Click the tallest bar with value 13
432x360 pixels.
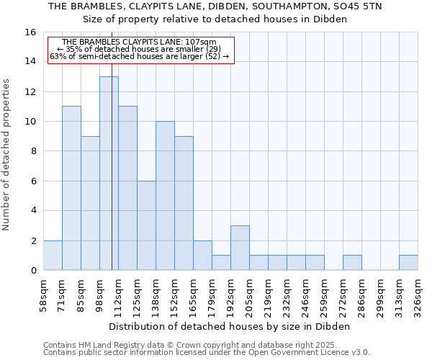point(109,173)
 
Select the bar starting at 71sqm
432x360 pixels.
point(71,188)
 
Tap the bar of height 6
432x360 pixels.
point(146,225)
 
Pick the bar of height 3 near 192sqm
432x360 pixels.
point(240,248)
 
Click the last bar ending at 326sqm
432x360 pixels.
point(408,263)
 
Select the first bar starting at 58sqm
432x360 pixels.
point(53,256)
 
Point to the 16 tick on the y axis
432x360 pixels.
point(31,32)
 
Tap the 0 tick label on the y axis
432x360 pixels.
point(33,271)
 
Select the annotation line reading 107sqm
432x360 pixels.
point(140,42)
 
